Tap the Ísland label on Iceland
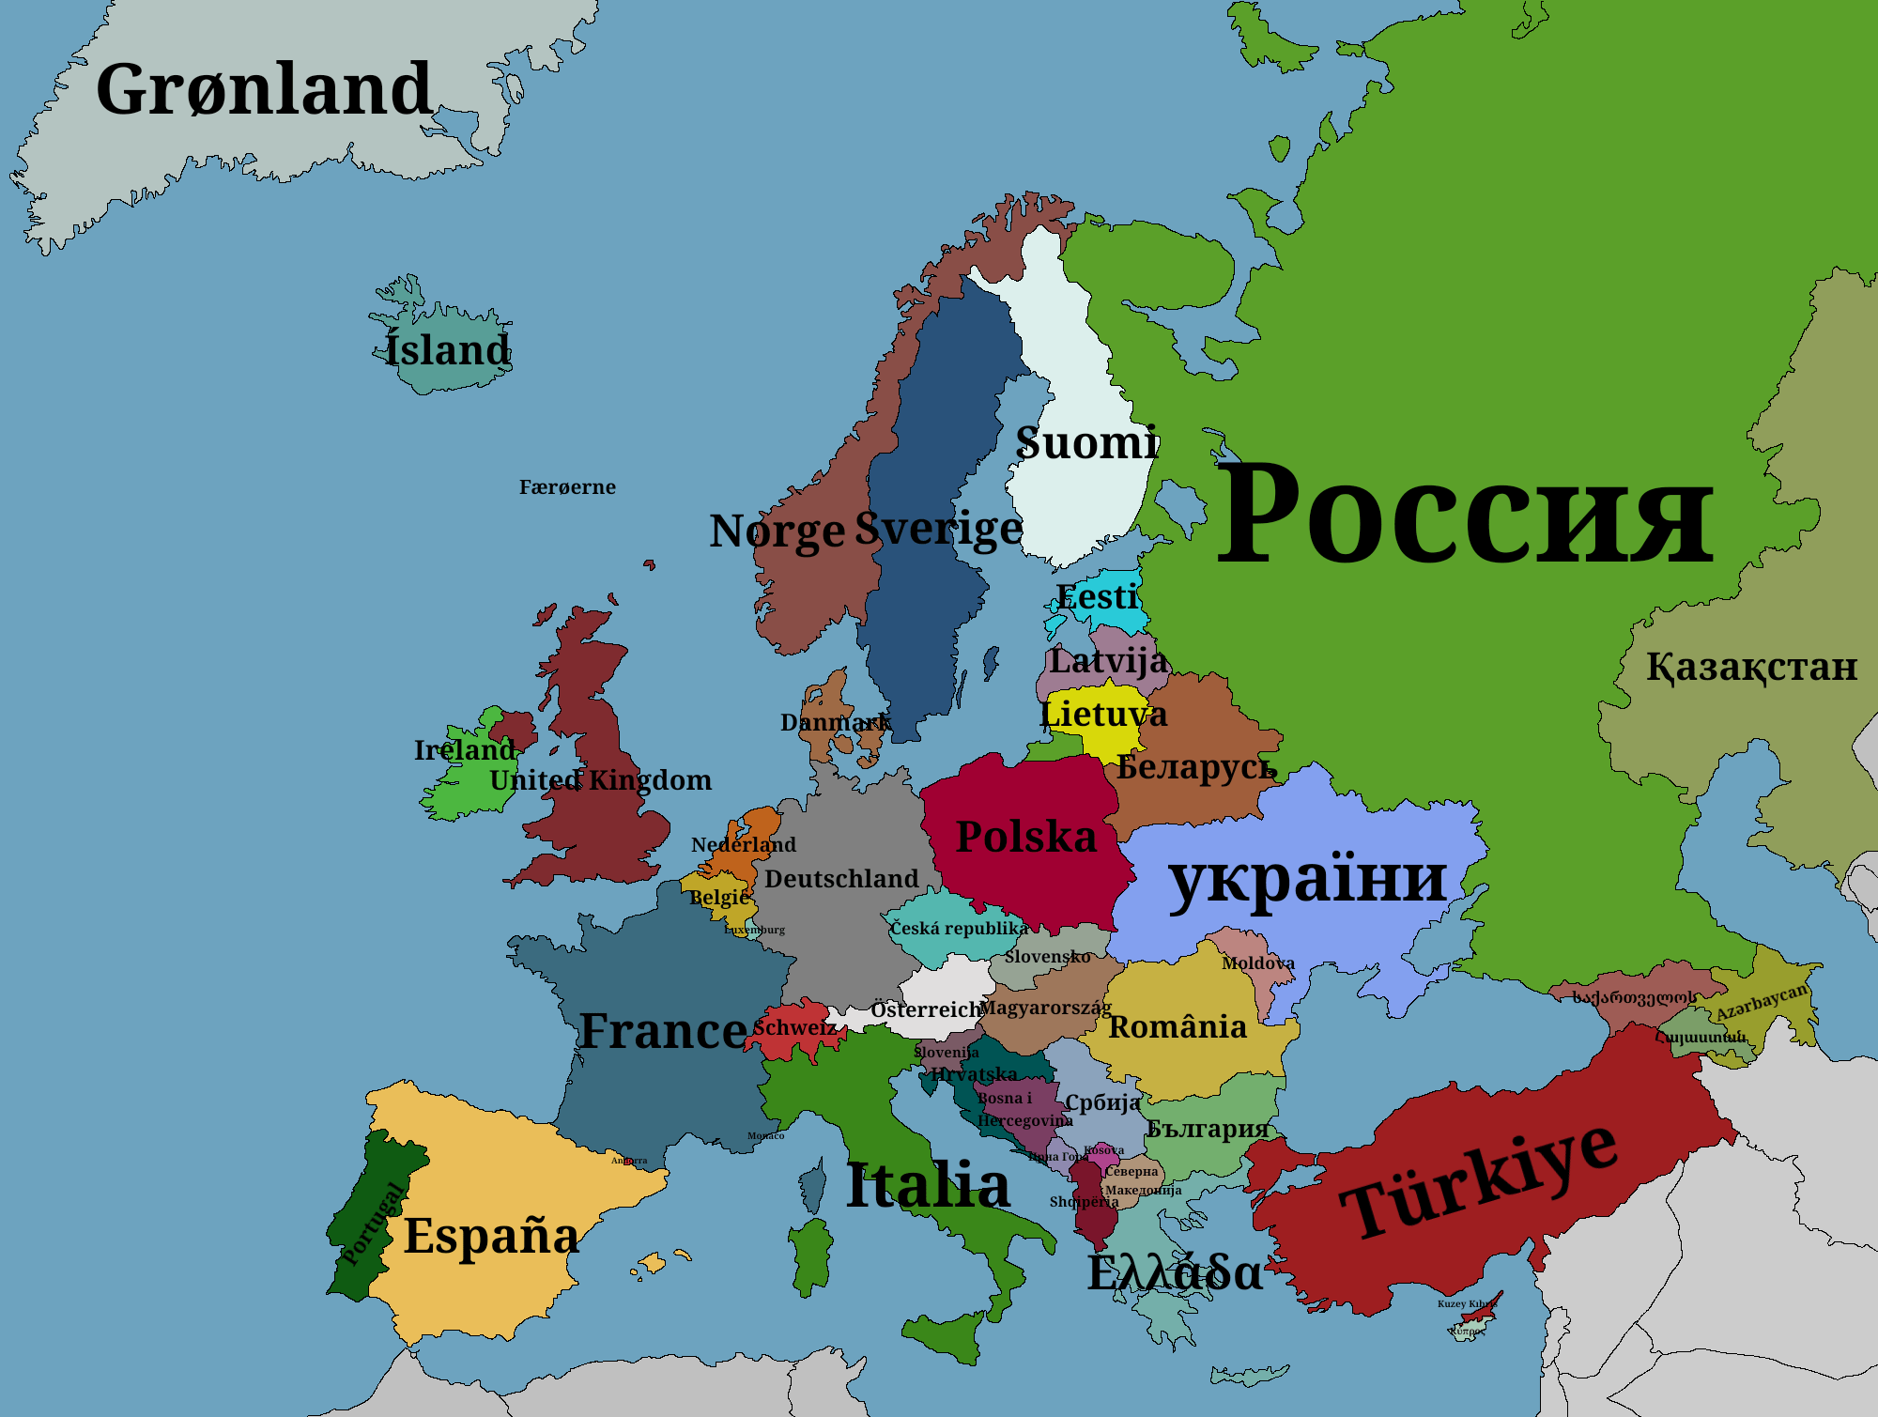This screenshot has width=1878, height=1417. [448, 350]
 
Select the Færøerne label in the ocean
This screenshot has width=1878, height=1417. [567, 487]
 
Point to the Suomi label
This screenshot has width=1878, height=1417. [1087, 442]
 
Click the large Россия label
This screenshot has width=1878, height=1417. [1465, 515]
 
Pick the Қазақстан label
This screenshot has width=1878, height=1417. [1751, 667]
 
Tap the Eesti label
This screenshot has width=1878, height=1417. [1097, 597]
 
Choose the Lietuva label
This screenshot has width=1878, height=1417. [1104, 714]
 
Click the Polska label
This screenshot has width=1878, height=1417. [1025, 837]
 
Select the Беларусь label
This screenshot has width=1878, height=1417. [1196, 767]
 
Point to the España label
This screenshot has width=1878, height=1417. [491, 1236]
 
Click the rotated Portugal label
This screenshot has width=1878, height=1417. [373, 1224]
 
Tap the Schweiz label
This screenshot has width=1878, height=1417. [793, 1027]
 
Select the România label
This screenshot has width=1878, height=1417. [1178, 1027]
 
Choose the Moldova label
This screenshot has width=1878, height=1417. [1257, 963]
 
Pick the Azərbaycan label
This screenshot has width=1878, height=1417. [1762, 1002]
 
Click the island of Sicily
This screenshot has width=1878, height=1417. [944, 1332]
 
